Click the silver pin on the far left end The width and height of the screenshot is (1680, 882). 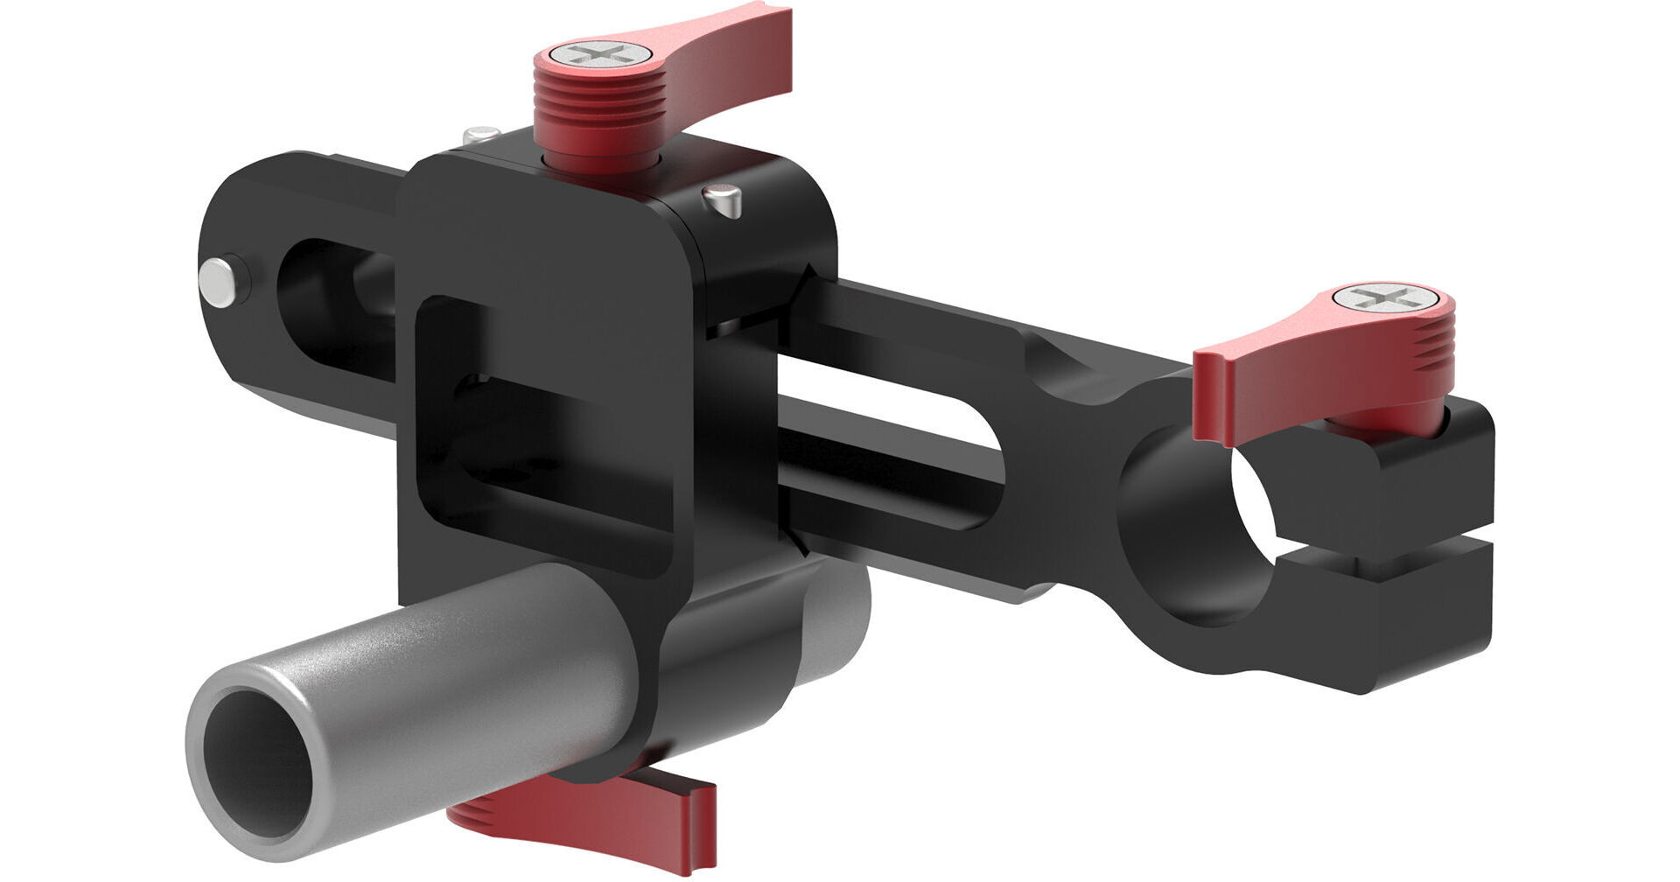[217, 280]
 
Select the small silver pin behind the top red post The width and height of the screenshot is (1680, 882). [480, 135]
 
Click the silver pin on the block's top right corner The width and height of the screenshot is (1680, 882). [723, 200]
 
